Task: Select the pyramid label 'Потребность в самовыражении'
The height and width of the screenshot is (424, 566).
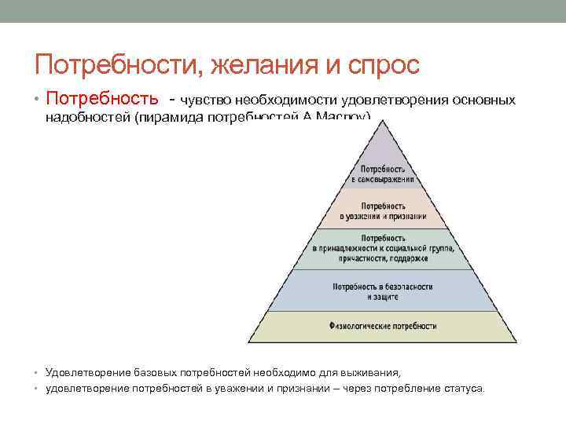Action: coord(383,174)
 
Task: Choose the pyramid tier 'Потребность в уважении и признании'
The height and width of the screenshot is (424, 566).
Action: coord(383,210)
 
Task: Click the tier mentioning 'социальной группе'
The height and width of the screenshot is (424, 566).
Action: coord(383,247)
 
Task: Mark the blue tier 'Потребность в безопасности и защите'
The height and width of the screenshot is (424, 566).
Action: coord(383,291)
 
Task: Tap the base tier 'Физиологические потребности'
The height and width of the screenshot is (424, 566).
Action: coord(383,325)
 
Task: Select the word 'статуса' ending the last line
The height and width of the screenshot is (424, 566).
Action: coord(467,388)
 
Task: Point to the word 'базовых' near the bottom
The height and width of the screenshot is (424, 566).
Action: coord(147,371)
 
